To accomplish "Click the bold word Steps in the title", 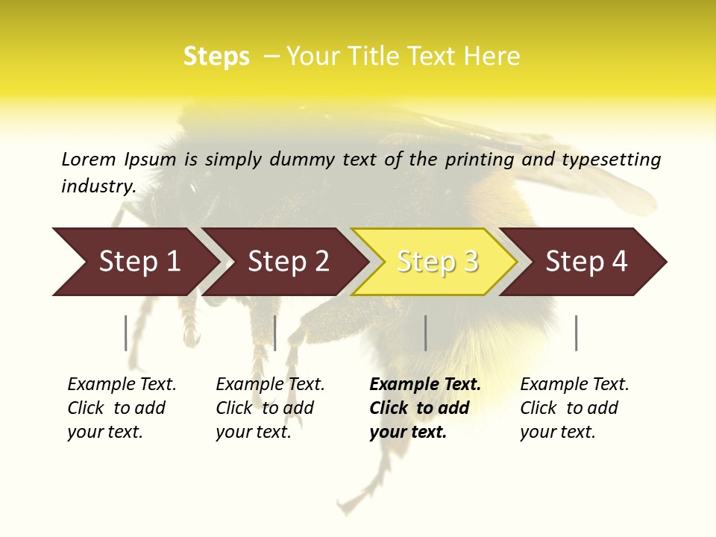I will pos(216,57).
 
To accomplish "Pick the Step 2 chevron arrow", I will pos(286,262).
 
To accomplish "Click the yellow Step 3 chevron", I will pos(435,262).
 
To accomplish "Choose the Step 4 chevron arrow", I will pos(584,262).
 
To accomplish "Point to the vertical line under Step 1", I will pos(126,333).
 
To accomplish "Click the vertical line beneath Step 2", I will pos(275,333).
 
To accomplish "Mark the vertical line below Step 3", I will pos(425,333).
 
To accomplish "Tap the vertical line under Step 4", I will pos(577,333).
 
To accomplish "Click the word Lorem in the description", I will pos(89,159).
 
